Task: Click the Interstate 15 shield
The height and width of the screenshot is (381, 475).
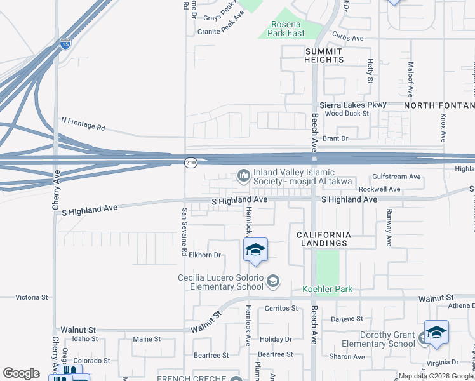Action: [65, 44]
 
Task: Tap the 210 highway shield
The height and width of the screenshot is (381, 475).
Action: [191, 163]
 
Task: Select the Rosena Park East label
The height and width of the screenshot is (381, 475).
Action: [288, 29]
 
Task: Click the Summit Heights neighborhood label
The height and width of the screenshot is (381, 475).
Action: [324, 55]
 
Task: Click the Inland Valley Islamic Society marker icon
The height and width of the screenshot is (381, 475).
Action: [243, 175]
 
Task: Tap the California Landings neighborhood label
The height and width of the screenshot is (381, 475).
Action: [323, 239]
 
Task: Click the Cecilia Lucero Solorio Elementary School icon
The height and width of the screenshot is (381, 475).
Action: [273, 281]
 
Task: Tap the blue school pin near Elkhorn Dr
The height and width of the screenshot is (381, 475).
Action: [255, 251]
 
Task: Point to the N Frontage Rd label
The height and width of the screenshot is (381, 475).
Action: [83, 123]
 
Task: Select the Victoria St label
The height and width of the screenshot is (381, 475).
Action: [32, 297]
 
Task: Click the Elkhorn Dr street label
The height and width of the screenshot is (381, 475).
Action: [204, 255]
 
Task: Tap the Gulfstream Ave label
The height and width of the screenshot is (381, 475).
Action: [397, 177]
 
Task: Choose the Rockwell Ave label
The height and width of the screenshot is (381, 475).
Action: [380, 189]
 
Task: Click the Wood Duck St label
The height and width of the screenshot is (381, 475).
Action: [347, 114]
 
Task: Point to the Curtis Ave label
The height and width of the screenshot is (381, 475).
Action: [348, 38]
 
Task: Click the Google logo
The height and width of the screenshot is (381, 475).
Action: [21, 373]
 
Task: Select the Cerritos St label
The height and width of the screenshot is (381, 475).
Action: [281, 308]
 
